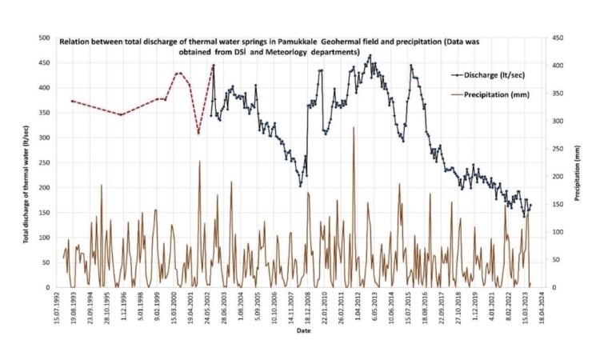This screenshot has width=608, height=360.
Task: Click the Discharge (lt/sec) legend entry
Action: (x=489, y=75)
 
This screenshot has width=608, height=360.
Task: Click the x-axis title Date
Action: (x=304, y=330)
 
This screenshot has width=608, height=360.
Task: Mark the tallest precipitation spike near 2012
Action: (x=353, y=128)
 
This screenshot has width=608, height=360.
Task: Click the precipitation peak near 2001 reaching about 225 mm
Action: (x=199, y=162)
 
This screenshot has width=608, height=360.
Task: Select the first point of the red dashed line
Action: (x=72, y=101)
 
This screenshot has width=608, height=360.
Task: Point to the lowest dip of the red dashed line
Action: (x=198, y=134)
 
